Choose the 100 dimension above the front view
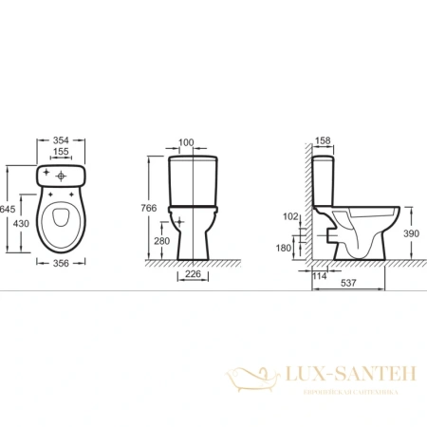coord(186,142)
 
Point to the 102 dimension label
coord(290,214)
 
